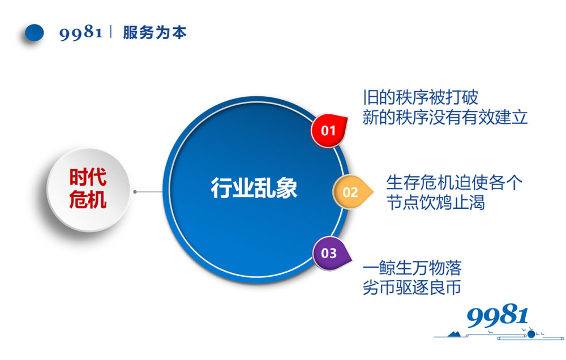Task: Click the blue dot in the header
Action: click(35, 32)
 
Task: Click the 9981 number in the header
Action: click(81, 32)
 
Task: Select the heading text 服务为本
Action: click(155, 32)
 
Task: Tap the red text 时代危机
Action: click(88, 188)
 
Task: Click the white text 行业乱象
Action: click(254, 188)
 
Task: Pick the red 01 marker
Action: click(329, 130)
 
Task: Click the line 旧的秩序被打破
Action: click(421, 97)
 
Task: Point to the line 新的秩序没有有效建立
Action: click(445, 117)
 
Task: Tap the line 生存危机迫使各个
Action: click(454, 182)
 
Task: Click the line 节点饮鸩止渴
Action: click(435, 202)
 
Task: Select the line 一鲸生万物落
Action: click(412, 268)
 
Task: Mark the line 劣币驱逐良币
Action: click(411, 288)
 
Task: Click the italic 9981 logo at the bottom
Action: click(497, 316)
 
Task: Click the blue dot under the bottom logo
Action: click(531, 335)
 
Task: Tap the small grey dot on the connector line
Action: click(135, 192)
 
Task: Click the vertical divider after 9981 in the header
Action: click(111, 32)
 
